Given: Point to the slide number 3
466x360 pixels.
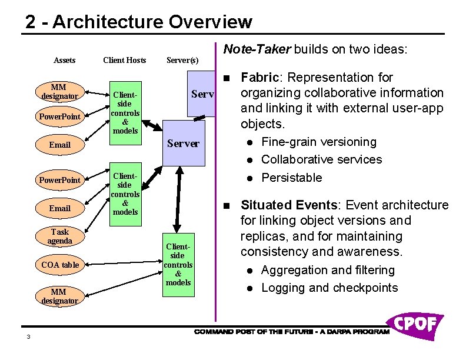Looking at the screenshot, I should pos(28,336).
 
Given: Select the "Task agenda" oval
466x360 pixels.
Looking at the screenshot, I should pos(60,236).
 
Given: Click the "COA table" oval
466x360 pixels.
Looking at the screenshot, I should pos(60,265).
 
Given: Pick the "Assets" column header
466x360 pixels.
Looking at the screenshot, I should pos(64,60).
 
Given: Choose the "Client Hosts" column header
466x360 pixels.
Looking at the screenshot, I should pos(124,60).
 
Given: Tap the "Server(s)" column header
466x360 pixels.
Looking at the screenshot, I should pos(182,60).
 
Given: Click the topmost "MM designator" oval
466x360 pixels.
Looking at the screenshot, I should pos(59,92).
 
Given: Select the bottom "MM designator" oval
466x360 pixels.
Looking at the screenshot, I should pos(59,296).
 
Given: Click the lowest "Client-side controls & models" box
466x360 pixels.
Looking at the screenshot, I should pos(178,265).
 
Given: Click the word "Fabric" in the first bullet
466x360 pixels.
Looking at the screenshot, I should pos(257,78).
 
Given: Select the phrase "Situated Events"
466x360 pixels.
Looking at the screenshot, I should pos(289,205).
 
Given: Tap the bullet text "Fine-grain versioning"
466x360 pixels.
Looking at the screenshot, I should pos(318,142).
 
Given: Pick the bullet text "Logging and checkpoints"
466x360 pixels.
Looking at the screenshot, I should pos(329,288).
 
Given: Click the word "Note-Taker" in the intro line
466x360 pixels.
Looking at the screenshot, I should pos(257,50).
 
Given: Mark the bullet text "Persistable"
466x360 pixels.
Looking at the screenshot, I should pos(291,178).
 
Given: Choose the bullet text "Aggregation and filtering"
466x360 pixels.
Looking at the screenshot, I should pos(328,270).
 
